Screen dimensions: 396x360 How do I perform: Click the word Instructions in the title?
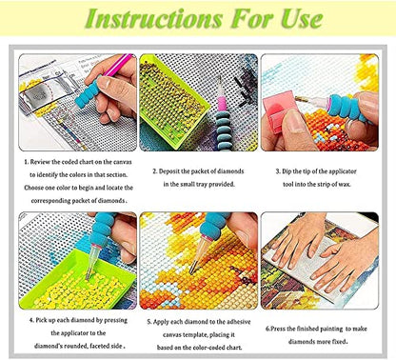pyautogui.click(x=153, y=18)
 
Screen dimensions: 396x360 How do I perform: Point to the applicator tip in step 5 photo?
pyautogui.click(x=191, y=271)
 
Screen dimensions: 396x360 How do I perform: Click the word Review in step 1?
pyautogui.click(x=40, y=162)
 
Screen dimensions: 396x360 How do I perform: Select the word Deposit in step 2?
pyautogui.click(x=169, y=171)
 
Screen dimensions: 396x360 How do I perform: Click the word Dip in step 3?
pyautogui.click(x=287, y=171)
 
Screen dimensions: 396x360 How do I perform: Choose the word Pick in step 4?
pyautogui.click(x=41, y=320)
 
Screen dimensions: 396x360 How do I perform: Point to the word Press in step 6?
pyautogui.click(x=277, y=329)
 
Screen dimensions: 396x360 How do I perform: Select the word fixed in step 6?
pyautogui.click(x=339, y=342)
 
